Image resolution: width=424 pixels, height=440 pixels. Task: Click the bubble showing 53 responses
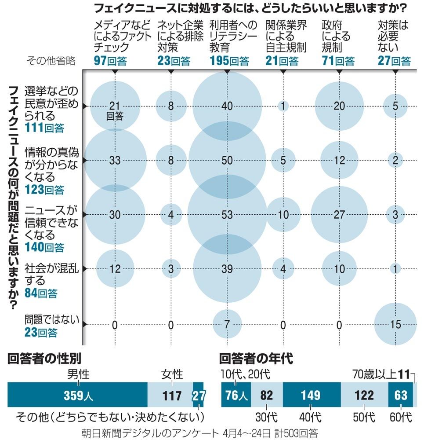click(x=227, y=214)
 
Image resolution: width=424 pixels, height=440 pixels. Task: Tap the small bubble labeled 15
click(x=395, y=324)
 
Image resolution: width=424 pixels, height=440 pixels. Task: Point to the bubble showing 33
click(x=115, y=160)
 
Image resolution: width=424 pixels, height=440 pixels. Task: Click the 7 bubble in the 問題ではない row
click(x=227, y=324)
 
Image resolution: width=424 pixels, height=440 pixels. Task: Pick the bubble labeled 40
click(x=227, y=106)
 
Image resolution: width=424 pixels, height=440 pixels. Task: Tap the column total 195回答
click(x=229, y=61)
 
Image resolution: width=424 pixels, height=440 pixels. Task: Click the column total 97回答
click(x=110, y=61)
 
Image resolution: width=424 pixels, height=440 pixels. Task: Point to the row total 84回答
click(x=41, y=293)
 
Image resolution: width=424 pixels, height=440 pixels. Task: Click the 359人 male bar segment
click(x=78, y=395)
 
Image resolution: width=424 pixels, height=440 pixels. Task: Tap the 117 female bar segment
click(x=170, y=395)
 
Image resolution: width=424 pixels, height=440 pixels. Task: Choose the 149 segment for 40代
click(x=311, y=395)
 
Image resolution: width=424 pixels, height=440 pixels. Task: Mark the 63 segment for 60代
click(x=400, y=395)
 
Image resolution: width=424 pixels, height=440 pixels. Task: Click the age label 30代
click(x=264, y=416)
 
